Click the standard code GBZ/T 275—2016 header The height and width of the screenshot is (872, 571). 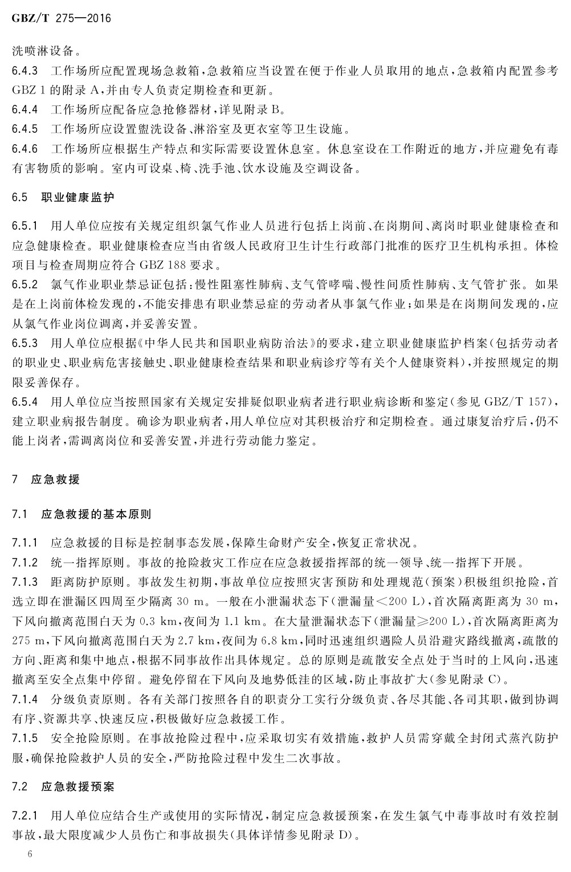pyautogui.click(x=61, y=19)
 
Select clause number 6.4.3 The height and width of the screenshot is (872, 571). pyautogui.click(x=25, y=71)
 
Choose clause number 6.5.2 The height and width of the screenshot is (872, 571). pyautogui.click(x=25, y=284)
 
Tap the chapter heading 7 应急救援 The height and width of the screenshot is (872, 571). pyautogui.click(x=46, y=479)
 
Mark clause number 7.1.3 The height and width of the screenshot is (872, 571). pyautogui.click(x=25, y=582)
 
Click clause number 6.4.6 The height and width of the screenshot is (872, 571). pyautogui.click(x=25, y=149)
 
